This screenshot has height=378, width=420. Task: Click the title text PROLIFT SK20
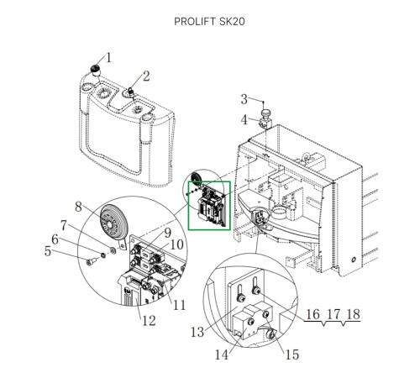tap(209, 22)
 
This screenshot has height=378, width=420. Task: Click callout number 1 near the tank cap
tap(108, 58)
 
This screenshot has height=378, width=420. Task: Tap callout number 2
tap(146, 76)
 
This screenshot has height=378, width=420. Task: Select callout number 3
tap(244, 99)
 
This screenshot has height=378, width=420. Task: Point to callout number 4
tap(244, 120)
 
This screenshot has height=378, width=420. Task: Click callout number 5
tap(48, 251)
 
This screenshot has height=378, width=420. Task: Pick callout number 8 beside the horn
tap(78, 207)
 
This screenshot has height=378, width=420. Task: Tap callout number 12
tap(149, 321)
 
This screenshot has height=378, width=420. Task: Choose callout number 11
tap(179, 305)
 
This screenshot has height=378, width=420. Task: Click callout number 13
tap(197, 332)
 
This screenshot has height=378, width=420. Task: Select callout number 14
tap(222, 355)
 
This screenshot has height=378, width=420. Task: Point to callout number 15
tap(292, 354)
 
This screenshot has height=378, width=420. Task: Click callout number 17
tap(333, 314)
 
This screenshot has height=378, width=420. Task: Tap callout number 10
tap(176, 244)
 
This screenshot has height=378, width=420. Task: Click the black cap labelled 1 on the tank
tap(96, 68)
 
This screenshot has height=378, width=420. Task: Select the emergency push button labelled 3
tap(265, 113)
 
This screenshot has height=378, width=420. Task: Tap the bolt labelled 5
tap(92, 262)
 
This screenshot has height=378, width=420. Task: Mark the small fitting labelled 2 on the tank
tap(130, 92)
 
